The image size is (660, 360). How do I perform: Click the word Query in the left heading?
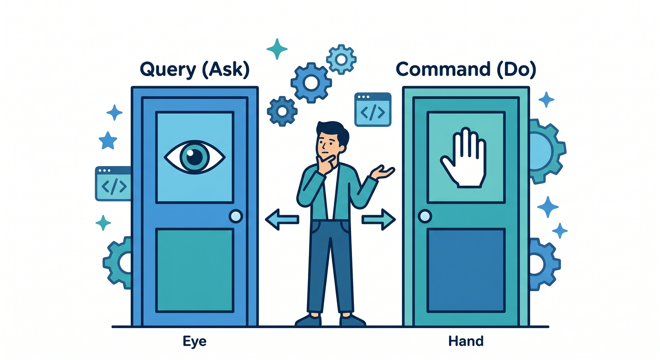[x=168, y=69]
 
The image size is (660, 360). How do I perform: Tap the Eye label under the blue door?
[x=195, y=342]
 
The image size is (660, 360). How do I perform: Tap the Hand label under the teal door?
[x=466, y=341]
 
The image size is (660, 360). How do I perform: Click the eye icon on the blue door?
[x=195, y=157]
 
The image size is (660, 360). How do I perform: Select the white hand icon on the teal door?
[x=464, y=157]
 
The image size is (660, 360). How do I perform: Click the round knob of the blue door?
[x=236, y=216]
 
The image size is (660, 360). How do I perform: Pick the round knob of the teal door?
[x=425, y=216]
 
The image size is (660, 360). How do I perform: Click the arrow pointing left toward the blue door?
[x=282, y=219]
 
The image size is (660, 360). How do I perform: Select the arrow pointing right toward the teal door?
[x=379, y=219]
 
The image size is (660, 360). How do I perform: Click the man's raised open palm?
[x=383, y=172]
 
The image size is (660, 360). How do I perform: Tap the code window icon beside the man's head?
[x=373, y=110]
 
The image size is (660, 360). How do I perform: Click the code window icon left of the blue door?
[x=113, y=184]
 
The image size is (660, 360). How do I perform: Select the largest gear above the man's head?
[x=311, y=83]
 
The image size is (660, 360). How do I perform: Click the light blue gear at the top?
[x=341, y=60]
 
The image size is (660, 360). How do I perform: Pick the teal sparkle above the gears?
[x=277, y=49]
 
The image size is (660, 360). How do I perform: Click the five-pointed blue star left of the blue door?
[x=107, y=141]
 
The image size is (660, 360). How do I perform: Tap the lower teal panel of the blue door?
[x=195, y=270]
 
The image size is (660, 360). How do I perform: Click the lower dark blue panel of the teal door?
[x=466, y=270]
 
